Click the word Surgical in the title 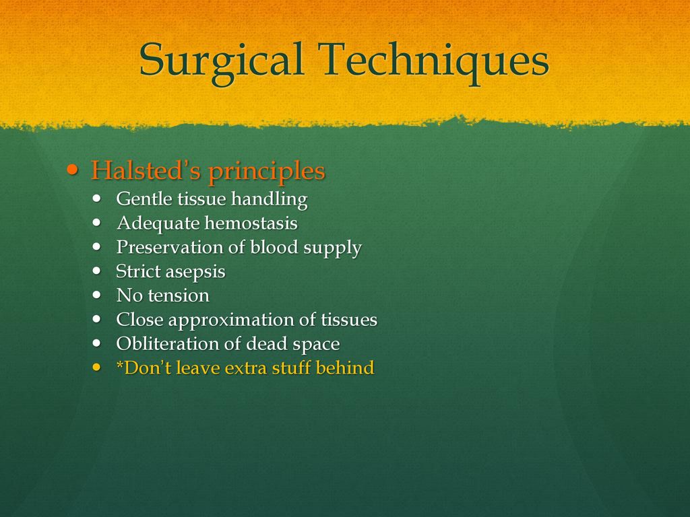click(x=221, y=61)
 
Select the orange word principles click(x=267, y=172)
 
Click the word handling click(x=270, y=199)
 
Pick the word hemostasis click(x=252, y=223)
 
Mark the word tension click(x=179, y=296)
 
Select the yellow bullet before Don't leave click(x=97, y=367)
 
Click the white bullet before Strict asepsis click(x=97, y=271)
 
